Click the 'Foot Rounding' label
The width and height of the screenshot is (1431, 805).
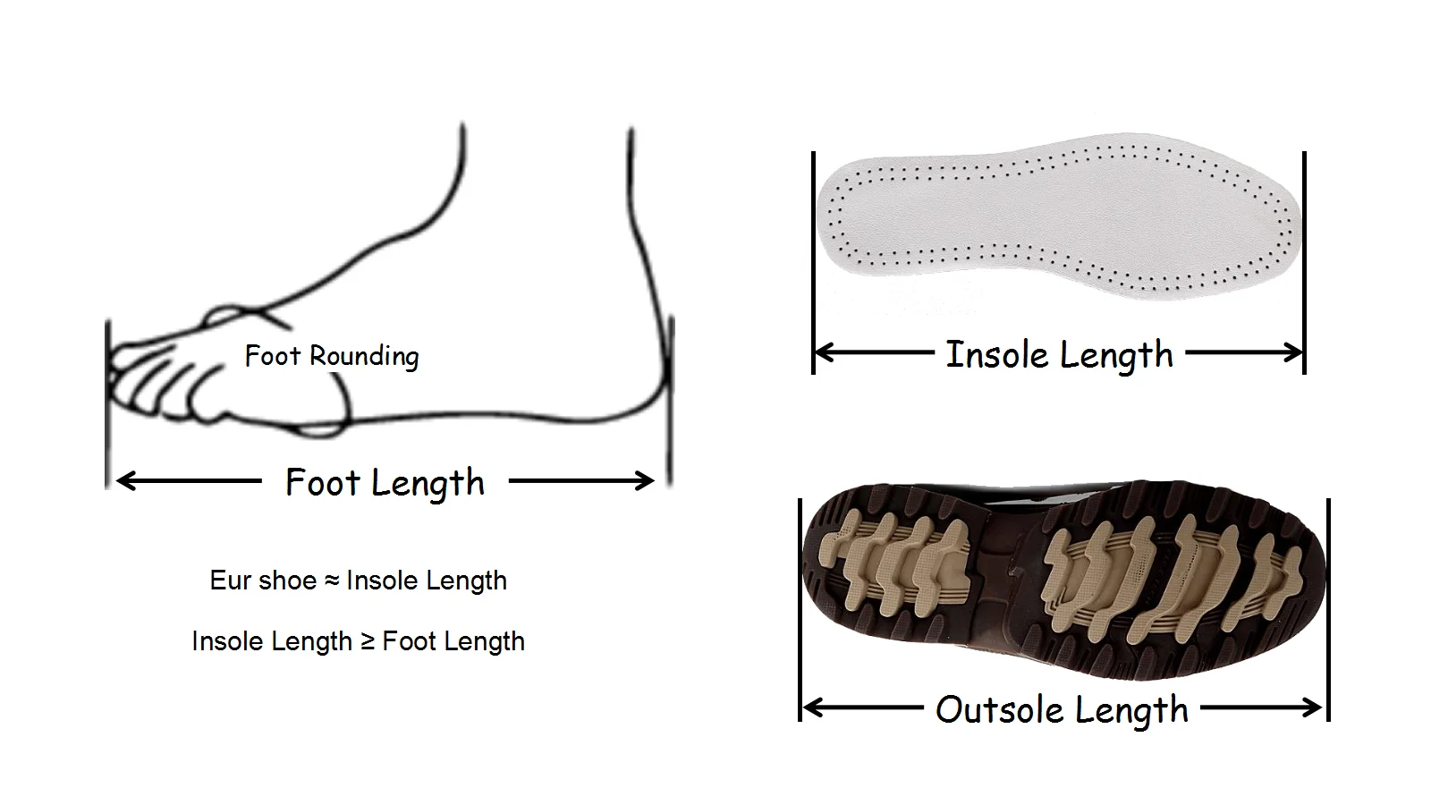pyautogui.click(x=332, y=356)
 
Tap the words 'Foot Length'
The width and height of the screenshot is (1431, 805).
pyautogui.click(x=385, y=483)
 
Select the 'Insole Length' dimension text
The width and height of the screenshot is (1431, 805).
pyautogui.click(x=1059, y=355)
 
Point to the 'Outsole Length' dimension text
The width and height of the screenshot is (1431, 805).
pyautogui.click(x=1062, y=710)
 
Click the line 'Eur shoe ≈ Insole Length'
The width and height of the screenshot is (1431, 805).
pyautogui.click(x=358, y=580)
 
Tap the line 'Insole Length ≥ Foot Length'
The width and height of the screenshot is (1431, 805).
pyautogui.click(x=358, y=641)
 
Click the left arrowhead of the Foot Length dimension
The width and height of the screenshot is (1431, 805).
pyautogui.click(x=123, y=481)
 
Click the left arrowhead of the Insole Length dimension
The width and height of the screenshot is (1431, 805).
pyautogui.click(x=823, y=353)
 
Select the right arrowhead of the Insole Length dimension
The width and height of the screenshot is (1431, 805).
pyautogui.click(x=1295, y=352)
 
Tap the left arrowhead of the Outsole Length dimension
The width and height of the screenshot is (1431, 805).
pyautogui.click(x=810, y=708)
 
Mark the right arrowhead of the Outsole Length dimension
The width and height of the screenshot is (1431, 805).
pyautogui.click(x=1315, y=708)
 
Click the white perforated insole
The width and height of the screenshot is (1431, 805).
pyautogui.click(x=1055, y=219)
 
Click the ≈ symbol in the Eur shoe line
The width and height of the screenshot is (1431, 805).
pyautogui.click(x=331, y=580)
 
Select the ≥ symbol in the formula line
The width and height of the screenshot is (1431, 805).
pyautogui.click(x=367, y=641)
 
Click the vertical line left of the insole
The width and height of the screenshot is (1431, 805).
pyautogui.click(x=814, y=259)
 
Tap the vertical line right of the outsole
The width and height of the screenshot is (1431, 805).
pyautogui.click(x=1328, y=608)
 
